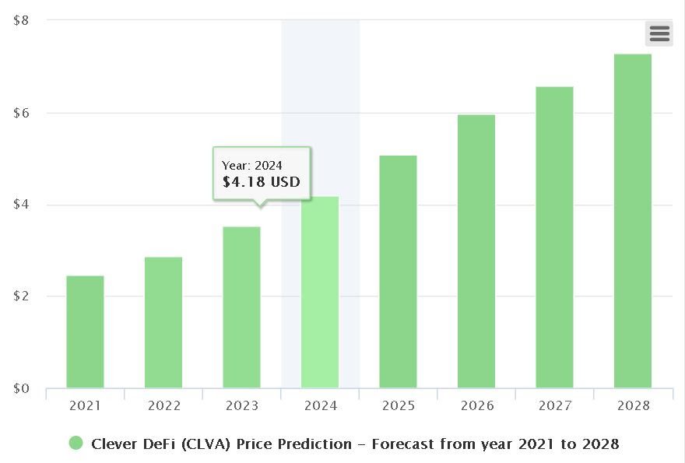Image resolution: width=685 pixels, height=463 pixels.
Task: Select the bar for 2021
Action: pos(85,332)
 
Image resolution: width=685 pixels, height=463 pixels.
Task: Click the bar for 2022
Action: pos(163,323)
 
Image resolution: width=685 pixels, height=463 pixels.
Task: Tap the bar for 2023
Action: pos(241,307)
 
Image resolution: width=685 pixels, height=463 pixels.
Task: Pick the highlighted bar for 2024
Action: pos(320,293)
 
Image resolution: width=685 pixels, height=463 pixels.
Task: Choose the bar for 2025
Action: pos(398,272)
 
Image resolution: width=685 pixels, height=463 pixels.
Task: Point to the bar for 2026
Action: pos(476,251)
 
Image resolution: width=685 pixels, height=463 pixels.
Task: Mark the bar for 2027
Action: pos(554,237)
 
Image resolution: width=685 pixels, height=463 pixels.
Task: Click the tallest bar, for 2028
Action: pos(633,221)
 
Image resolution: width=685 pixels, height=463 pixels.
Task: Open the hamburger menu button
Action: pos(659,33)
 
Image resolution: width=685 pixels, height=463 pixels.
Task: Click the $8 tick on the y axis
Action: pos(22,20)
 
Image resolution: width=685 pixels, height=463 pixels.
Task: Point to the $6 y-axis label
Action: pos(22,113)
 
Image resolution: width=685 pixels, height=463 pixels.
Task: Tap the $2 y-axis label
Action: pos(22,296)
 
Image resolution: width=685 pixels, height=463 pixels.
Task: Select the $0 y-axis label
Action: pos(22,388)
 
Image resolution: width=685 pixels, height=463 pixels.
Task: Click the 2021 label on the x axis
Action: pos(85,405)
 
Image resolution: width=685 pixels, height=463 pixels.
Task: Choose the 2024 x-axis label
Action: pos(320,405)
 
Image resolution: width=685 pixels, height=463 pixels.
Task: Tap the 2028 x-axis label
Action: pos(633,405)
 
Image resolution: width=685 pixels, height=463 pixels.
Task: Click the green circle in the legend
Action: pos(76,444)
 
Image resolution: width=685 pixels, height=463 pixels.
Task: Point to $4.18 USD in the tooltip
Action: pos(261,183)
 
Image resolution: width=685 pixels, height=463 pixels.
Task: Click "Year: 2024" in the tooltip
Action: pos(252,165)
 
